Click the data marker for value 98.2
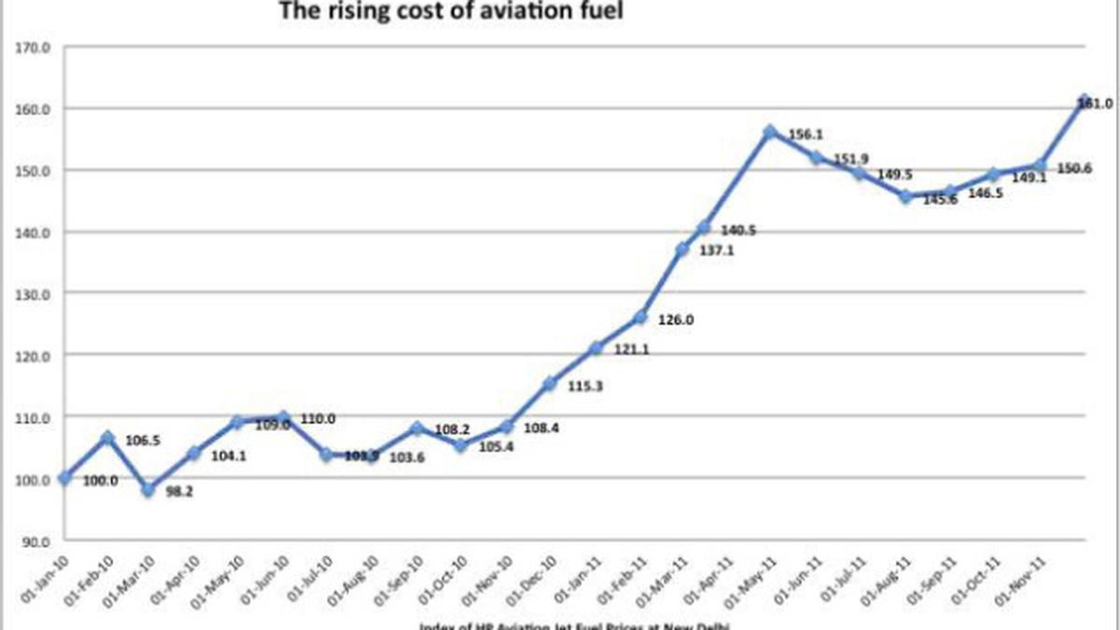(x=147, y=490)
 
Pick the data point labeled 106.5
(x=107, y=438)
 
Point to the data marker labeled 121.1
(x=595, y=348)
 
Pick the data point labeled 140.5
(x=704, y=228)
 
